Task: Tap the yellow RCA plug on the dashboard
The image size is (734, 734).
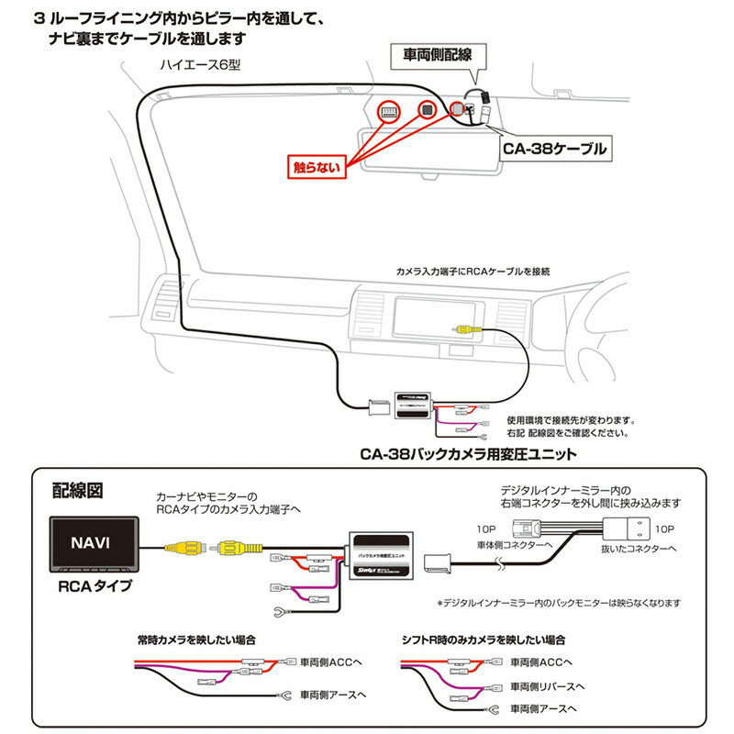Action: [x=462, y=328]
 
